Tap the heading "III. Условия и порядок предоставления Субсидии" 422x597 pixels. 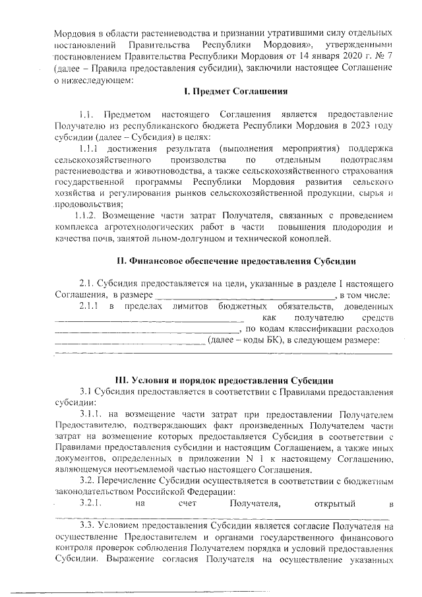click(224, 381)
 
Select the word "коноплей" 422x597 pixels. click(302, 238)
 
